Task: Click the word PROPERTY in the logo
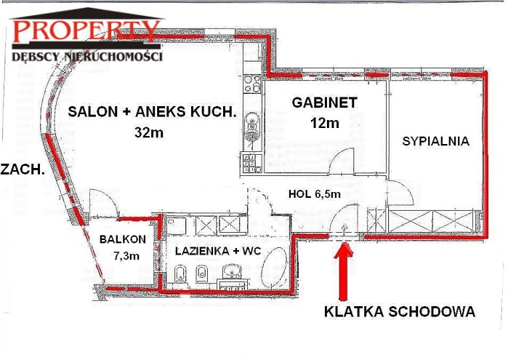[86, 31]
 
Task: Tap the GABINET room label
[324, 103]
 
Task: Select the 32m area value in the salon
[149, 132]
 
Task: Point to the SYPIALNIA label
[436, 141]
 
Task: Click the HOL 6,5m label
[314, 194]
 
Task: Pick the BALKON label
[122, 239]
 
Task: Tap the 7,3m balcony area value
[126, 255]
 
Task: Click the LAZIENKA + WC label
[218, 252]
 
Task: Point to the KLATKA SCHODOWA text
[400, 311]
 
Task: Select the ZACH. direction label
[23, 169]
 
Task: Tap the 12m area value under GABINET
[324, 123]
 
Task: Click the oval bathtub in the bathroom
[274, 268]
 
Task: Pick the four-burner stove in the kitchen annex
[252, 84]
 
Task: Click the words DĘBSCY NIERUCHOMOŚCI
[87, 56]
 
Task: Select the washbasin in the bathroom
[232, 272]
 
